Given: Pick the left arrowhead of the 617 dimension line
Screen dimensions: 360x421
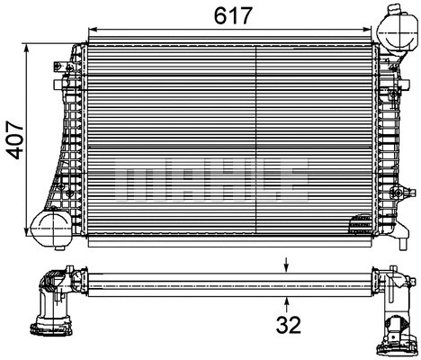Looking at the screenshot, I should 91,31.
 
